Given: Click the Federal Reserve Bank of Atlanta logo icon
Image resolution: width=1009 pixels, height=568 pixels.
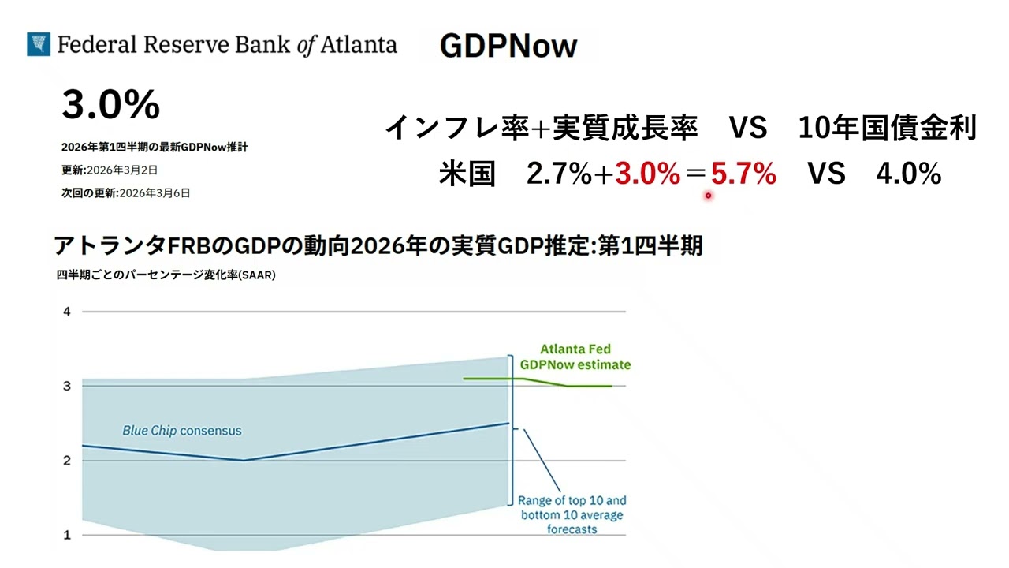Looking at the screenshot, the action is (x=39, y=44).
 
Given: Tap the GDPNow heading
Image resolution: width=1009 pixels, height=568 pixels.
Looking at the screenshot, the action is (x=508, y=46).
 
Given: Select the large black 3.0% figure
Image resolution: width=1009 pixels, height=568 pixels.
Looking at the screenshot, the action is (x=111, y=105).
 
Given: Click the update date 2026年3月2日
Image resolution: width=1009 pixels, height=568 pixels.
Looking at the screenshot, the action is (x=122, y=170).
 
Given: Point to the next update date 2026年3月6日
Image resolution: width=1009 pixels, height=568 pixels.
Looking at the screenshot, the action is (x=155, y=193).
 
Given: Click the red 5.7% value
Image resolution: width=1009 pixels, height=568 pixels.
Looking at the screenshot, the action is (x=743, y=174).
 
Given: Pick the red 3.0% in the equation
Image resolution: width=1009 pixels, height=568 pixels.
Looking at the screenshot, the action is (x=647, y=174).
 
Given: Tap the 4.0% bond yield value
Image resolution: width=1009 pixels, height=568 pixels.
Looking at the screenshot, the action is (x=909, y=174).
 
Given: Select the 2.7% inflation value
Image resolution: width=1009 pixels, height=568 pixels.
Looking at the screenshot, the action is (x=559, y=174).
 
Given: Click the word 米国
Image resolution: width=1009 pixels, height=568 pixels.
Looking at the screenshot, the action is (x=467, y=174).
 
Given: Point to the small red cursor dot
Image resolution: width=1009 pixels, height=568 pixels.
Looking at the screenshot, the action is (x=708, y=196).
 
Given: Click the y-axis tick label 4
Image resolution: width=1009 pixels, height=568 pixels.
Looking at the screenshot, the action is (x=67, y=312).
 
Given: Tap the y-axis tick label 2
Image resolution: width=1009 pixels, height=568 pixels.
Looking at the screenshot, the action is (x=67, y=461).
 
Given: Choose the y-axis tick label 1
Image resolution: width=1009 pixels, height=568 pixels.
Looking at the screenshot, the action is (x=67, y=536).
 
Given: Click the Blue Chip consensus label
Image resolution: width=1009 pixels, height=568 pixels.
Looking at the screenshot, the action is (x=182, y=431).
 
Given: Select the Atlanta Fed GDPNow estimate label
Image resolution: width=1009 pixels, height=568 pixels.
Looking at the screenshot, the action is (x=575, y=357).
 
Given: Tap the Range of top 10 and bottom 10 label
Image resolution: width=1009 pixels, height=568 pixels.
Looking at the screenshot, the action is (x=572, y=515).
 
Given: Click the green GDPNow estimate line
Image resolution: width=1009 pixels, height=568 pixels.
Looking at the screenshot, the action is (x=538, y=382).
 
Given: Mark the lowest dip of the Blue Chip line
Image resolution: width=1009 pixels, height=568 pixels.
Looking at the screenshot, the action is (x=244, y=460).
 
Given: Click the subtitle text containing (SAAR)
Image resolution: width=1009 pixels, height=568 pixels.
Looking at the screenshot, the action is (x=166, y=275).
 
